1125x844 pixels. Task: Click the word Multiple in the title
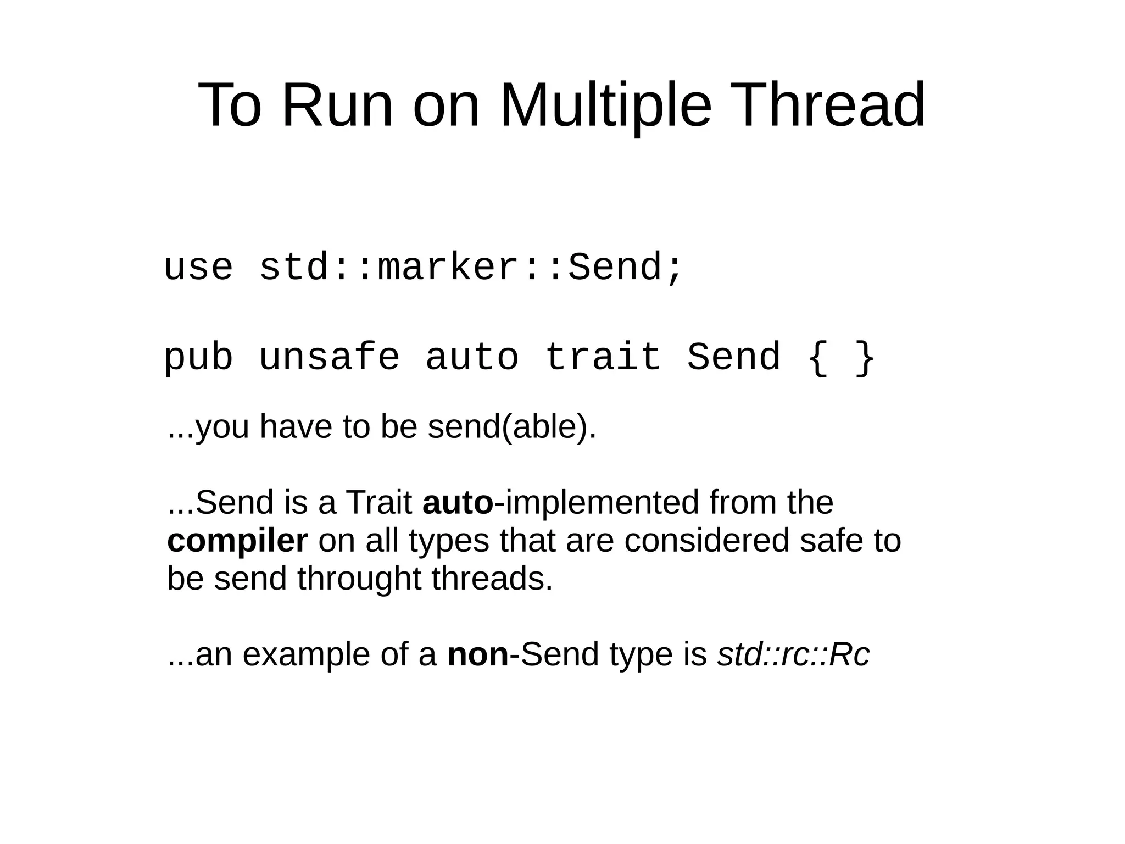605,104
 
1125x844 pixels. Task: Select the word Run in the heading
337,104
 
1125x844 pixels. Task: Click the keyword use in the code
198,268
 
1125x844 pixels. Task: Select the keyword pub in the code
198,358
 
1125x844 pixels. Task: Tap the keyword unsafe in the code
329,357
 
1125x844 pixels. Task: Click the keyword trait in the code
603,357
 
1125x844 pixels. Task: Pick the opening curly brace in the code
818,358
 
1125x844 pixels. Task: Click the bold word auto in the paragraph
458,502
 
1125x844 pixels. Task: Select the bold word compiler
237,541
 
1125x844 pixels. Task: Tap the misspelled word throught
359,579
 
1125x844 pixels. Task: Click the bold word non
478,654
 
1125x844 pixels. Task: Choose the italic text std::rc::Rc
793,654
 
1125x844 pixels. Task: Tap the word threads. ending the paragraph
492,579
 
